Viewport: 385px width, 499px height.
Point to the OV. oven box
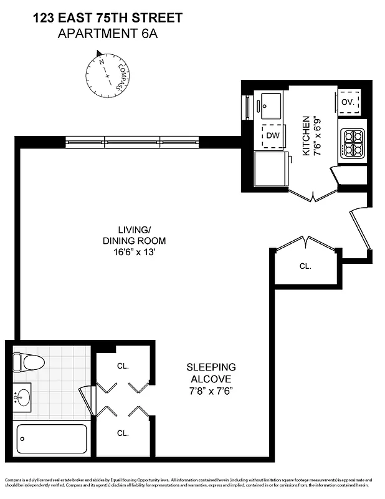[347, 102]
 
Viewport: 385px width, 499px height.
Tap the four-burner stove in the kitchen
[353, 143]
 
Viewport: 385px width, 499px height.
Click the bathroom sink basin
[24, 397]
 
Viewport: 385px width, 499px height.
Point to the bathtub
[51, 438]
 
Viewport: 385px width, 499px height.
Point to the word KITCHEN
[306, 135]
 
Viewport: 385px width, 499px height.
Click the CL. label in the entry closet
[305, 266]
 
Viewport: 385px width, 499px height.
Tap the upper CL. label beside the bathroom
[122, 366]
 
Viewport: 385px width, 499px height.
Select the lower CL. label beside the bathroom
[122, 432]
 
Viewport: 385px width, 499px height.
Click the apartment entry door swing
[361, 231]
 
